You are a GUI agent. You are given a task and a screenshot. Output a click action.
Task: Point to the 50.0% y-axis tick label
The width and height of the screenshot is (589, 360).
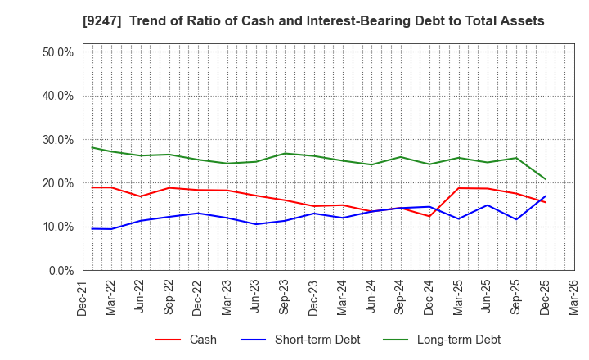click(x=57, y=52)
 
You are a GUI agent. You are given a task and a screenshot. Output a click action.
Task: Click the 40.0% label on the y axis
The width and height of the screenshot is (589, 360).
click(x=57, y=96)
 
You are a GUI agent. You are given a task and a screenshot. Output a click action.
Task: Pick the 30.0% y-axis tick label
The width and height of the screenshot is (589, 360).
click(x=57, y=140)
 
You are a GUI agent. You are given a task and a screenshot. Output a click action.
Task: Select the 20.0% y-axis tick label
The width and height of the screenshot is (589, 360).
click(x=57, y=183)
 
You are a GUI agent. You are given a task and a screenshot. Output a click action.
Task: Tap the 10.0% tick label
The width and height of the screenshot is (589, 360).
click(x=57, y=227)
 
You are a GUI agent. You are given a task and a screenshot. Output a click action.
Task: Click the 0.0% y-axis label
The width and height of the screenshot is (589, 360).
click(x=61, y=271)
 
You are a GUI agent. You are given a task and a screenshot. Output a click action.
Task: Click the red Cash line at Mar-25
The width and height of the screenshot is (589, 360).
click(x=459, y=188)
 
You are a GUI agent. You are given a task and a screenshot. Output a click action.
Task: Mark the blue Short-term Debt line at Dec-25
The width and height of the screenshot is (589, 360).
click(x=546, y=196)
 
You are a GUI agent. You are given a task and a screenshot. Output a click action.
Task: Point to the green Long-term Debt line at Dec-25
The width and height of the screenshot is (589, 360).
click(x=546, y=179)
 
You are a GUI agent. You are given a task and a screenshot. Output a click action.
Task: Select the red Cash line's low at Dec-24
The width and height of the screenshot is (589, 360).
click(x=429, y=216)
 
